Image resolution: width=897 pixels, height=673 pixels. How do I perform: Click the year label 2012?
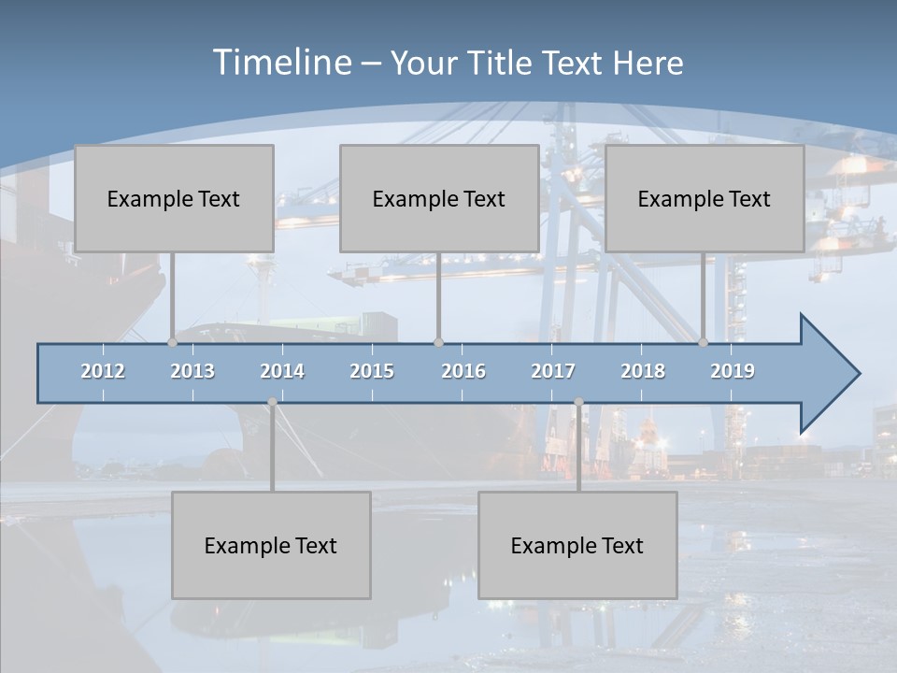[x=103, y=371]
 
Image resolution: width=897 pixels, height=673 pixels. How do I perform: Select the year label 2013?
[x=192, y=371]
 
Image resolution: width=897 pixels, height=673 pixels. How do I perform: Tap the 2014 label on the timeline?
[x=282, y=371]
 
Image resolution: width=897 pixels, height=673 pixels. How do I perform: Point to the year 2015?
[x=372, y=371]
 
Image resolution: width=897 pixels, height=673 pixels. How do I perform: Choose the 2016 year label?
[x=463, y=371]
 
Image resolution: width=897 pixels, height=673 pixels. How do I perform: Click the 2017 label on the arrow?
[x=553, y=371]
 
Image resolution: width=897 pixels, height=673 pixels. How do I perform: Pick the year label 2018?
[x=643, y=371]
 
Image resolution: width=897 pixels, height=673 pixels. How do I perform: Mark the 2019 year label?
[x=733, y=371]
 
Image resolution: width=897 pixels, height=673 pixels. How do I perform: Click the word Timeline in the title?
[x=281, y=62]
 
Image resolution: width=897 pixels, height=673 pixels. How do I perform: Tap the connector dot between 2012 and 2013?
[x=172, y=343]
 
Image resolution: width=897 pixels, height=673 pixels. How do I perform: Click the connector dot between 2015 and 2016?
[x=438, y=343]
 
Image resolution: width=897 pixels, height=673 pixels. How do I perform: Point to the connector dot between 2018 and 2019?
[x=704, y=343]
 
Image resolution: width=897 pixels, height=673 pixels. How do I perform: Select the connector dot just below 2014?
[x=272, y=402]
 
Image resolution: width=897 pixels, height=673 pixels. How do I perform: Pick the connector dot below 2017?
[x=578, y=402]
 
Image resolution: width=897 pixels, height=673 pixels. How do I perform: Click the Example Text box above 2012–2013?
[x=174, y=198]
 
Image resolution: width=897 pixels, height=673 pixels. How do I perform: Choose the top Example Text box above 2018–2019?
[x=705, y=198]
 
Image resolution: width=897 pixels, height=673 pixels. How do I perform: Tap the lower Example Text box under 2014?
[x=271, y=545]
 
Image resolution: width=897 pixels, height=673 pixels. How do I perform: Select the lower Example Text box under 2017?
[x=577, y=545]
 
